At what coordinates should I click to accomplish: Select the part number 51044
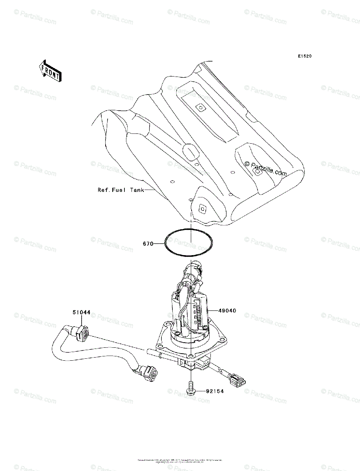[81, 312]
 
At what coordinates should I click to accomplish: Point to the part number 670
[148, 243]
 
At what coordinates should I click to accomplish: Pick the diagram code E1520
[304, 57]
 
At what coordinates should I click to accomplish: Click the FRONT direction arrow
[49, 71]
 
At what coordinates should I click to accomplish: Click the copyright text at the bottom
[180, 460]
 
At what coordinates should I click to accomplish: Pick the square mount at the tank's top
[200, 107]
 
